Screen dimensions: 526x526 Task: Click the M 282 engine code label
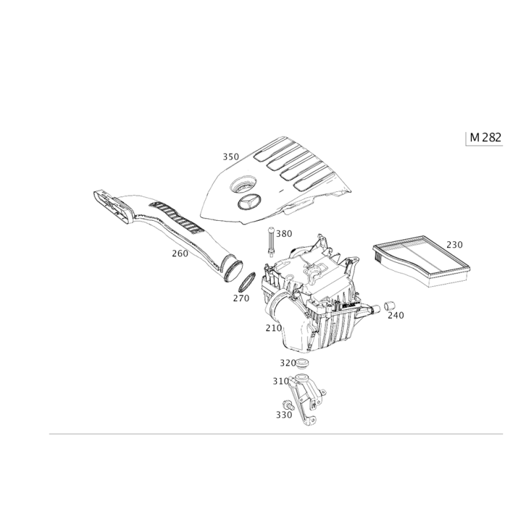click(485, 137)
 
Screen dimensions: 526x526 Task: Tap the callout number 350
click(231, 156)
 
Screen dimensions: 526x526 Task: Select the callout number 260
click(180, 254)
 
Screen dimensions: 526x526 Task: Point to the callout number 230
click(454, 245)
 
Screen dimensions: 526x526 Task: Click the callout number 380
click(284, 233)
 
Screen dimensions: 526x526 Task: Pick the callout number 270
click(241, 298)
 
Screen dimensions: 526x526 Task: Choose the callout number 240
click(396, 316)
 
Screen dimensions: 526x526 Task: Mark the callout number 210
click(274, 328)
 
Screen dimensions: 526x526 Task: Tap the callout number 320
click(288, 363)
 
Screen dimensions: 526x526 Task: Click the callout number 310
click(281, 381)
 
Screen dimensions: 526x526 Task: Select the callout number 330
click(284, 415)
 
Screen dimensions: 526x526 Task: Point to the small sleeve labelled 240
click(389, 306)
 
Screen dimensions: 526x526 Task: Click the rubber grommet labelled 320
click(302, 364)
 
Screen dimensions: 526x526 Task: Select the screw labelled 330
click(288, 405)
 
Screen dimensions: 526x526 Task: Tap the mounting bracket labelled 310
click(306, 398)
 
